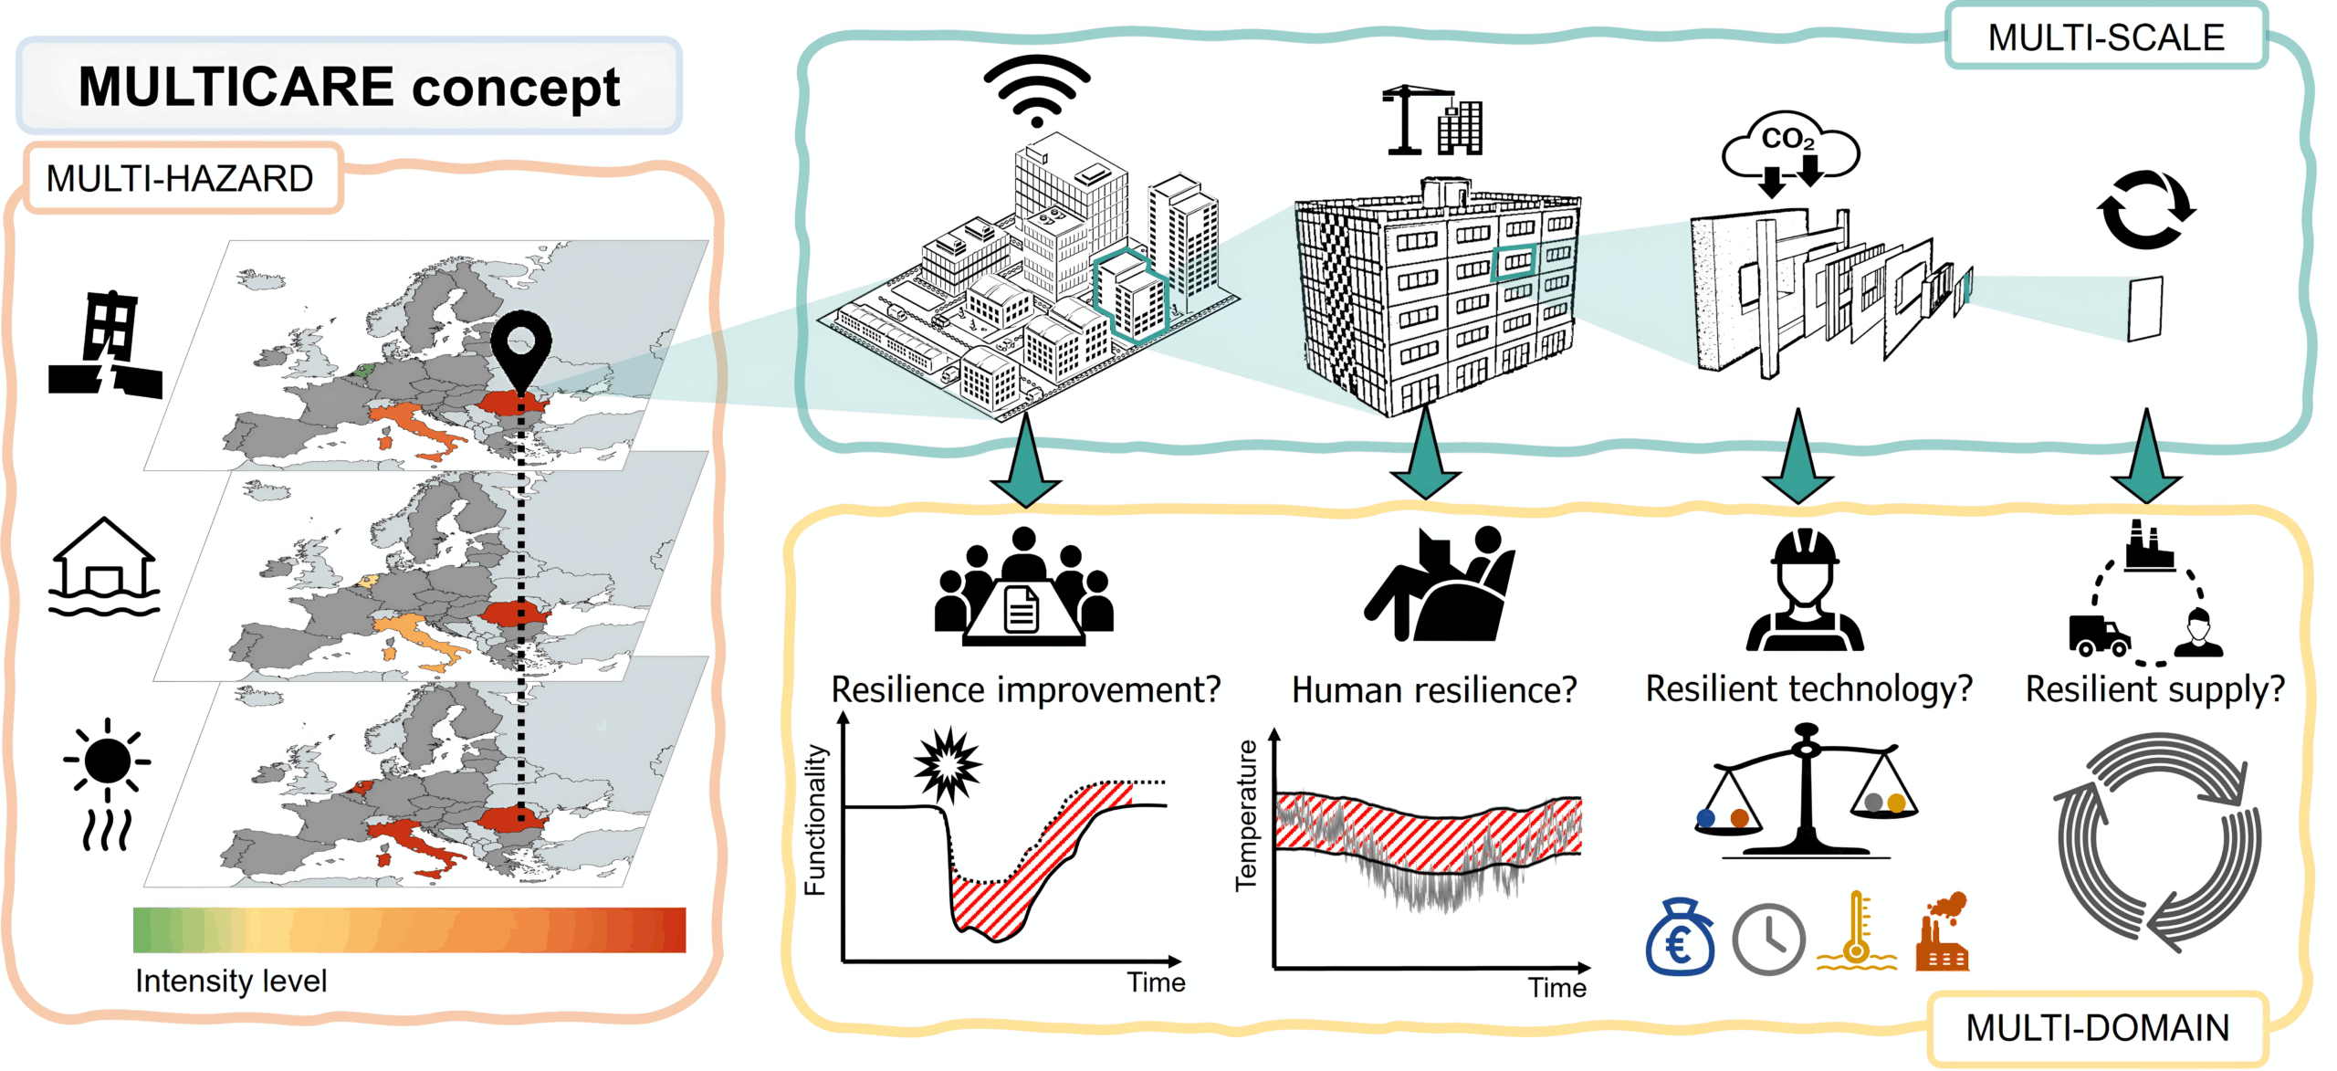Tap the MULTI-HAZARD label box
click(x=180, y=178)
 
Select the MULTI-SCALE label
click(x=2105, y=37)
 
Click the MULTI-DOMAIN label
click(x=2097, y=1027)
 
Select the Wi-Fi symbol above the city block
click(x=1036, y=90)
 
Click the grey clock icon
click(x=1767, y=940)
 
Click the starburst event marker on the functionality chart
click(x=948, y=763)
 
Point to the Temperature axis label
click(x=1246, y=815)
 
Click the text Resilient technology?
click(x=1808, y=689)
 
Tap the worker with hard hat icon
click(x=1804, y=591)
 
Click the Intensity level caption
click(x=231, y=981)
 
